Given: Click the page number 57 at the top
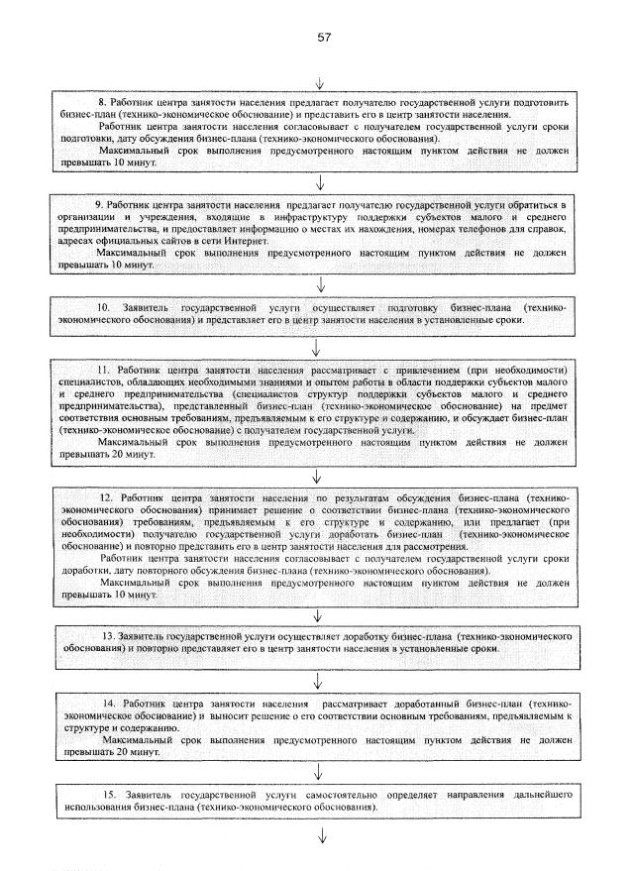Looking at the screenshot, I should tap(323, 37).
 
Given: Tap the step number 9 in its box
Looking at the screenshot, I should tap(99, 203).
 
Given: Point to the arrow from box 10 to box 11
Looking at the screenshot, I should tap(317, 346).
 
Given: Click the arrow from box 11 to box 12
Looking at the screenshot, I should tap(317, 475).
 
